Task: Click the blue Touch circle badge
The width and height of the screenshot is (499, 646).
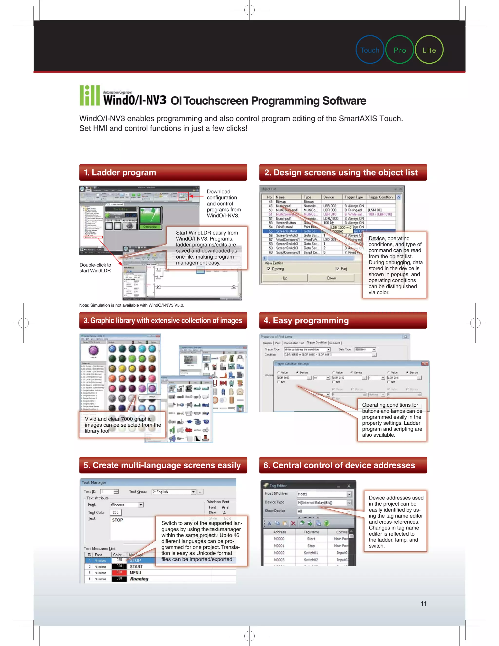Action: tap(370, 50)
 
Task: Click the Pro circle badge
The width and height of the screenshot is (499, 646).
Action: tap(400, 50)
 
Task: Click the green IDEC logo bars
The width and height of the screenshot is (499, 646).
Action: tap(90, 95)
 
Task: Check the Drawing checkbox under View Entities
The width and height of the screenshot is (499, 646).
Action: tap(269, 269)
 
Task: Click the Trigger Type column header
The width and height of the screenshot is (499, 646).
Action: tap(354, 197)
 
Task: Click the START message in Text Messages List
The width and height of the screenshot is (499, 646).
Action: tap(136, 567)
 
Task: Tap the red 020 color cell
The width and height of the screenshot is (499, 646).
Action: tap(119, 572)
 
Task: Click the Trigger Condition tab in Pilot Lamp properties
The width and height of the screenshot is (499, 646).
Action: tap(317, 343)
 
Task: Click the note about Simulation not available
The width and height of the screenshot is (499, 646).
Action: tap(132, 305)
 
